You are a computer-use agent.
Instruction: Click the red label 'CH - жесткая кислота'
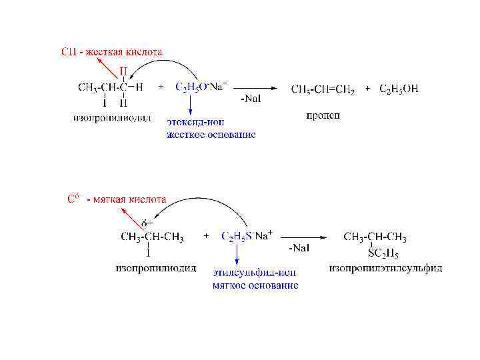[x=111, y=51]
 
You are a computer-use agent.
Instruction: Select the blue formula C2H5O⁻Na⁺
[x=201, y=87]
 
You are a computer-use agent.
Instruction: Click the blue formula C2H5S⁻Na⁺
[x=246, y=236]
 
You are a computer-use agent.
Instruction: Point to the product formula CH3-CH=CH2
[x=323, y=89]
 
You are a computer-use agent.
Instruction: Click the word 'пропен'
[x=323, y=115]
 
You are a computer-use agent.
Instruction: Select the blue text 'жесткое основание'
[x=211, y=135]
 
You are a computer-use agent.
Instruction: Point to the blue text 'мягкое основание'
[x=255, y=285]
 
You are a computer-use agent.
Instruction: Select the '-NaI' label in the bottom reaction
[x=299, y=247]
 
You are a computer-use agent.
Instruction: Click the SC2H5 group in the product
[x=383, y=253]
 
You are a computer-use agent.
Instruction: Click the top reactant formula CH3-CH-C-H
[x=111, y=87]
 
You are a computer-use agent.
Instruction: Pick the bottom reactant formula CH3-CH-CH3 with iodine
[x=151, y=237]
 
